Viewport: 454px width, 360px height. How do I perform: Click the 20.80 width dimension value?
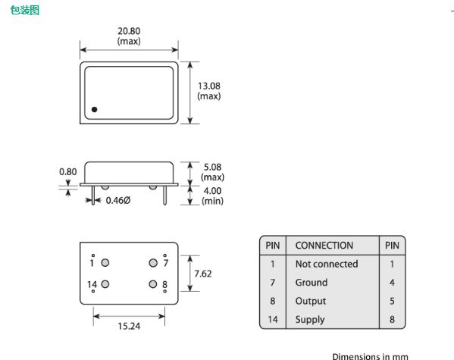[x=129, y=31]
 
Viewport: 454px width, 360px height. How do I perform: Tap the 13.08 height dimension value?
[x=208, y=86]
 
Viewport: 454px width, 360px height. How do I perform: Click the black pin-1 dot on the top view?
[x=95, y=109]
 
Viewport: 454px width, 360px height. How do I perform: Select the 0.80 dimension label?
[x=68, y=172]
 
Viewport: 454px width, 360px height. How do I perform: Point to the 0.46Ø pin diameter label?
[x=118, y=200]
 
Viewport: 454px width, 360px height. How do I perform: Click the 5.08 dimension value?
[x=212, y=167]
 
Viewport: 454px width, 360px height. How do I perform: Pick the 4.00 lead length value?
[x=212, y=191]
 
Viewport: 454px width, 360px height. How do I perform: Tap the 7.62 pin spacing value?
[x=203, y=274]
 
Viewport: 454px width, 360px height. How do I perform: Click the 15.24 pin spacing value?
[x=129, y=327]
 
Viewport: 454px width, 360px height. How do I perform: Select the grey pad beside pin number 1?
[x=105, y=263]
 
